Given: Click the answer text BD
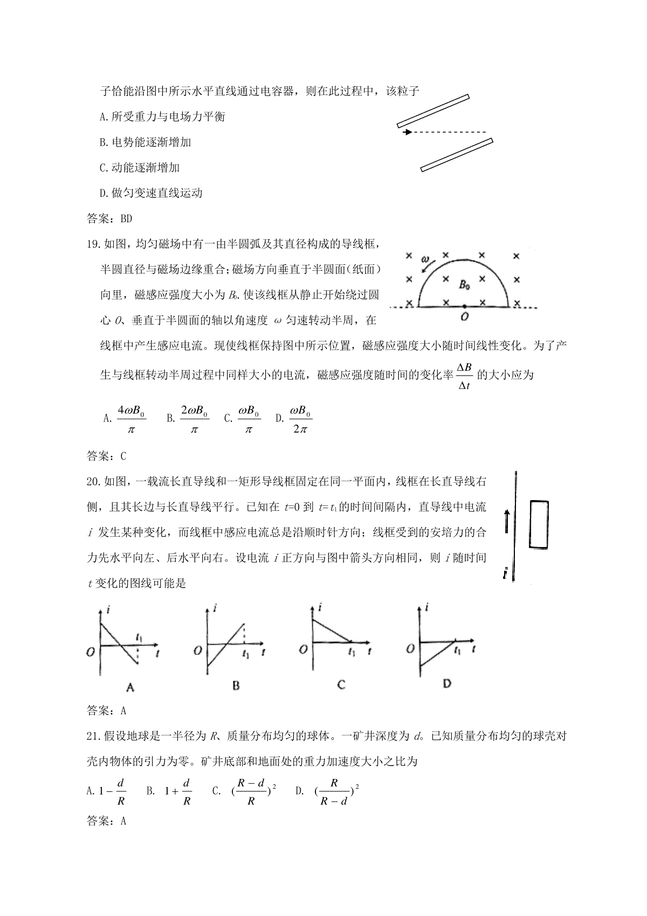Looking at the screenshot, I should [126, 218].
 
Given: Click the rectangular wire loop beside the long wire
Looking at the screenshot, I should [539, 524].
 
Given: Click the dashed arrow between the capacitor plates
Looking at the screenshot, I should [445, 132].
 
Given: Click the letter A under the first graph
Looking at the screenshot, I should [129, 687].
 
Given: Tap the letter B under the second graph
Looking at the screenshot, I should [236, 686].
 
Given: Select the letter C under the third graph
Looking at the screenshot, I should [341, 685].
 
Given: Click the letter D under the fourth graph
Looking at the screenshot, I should [446, 683].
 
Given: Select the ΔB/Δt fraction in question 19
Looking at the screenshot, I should [464, 376].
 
